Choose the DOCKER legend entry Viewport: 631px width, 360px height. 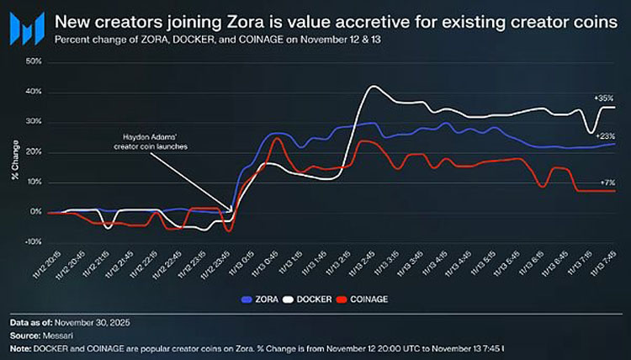coord(310,299)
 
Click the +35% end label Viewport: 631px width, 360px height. coord(603,98)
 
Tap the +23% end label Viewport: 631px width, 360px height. coord(603,135)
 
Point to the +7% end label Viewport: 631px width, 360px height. coord(605,182)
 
